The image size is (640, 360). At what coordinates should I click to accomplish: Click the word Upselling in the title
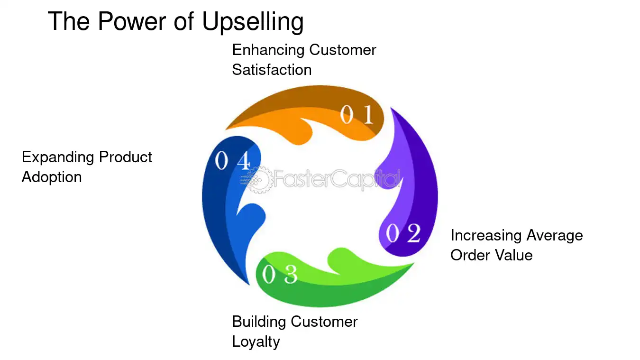pyautogui.click(x=253, y=22)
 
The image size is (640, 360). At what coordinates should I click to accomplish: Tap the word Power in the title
pyautogui.click(x=132, y=21)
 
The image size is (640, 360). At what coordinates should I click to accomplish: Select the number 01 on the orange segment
pyautogui.click(x=357, y=114)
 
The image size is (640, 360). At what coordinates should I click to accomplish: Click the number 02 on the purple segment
pyautogui.click(x=403, y=233)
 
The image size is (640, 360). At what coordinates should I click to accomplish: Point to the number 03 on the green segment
pyautogui.click(x=280, y=274)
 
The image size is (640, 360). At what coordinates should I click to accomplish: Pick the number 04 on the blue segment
pyautogui.click(x=233, y=160)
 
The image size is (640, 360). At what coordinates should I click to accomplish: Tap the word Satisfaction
pyautogui.click(x=272, y=70)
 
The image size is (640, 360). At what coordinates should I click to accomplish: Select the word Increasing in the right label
pyautogui.click(x=486, y=236)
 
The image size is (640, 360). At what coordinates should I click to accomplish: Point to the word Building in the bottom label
pyautogui.click(x=259, y=322)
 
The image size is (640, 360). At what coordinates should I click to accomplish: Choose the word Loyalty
pyautogui.click(x=256, y=342)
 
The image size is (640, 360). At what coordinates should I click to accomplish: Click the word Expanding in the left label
pyautogui.click(x=58, y=158)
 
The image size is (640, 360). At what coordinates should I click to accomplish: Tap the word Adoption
pyautogui.click(x=52, y=177)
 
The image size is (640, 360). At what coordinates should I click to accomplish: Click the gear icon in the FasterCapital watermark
pyautogui.click(x=258, y=180)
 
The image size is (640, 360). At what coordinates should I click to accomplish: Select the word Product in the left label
pyautogui.click(x=126, y=157)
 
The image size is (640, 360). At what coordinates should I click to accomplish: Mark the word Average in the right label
pyautogui.click(x=555, y=236)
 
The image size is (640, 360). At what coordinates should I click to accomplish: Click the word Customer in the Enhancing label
pyautogui.click(x=343, y=50)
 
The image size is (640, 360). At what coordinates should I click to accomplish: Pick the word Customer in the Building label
pyautogui.click(x=324, y=322)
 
